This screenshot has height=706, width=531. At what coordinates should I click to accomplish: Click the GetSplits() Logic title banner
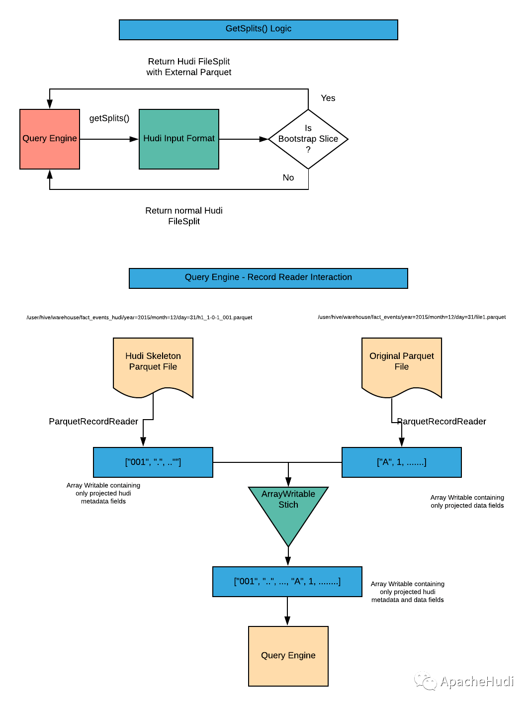[x=258, y=30]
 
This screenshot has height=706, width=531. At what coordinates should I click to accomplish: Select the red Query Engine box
[x=50, y=139]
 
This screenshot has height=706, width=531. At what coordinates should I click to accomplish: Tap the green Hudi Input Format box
[x=179, y=139]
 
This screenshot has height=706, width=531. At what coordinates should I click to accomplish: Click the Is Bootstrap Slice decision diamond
[x=308, y=139]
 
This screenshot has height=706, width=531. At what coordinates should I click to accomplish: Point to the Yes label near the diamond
[x=328, y=98]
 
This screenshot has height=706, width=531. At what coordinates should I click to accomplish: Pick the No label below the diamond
[x=288, y=177]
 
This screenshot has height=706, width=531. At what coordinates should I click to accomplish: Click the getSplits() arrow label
[x=109, y=118]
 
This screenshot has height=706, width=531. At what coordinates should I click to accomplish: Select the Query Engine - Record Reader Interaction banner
[x=268, y=278]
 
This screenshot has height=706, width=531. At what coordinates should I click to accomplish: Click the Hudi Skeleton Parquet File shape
[x=153, y=366]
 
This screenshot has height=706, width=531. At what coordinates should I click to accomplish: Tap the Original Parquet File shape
[x=401, y=366]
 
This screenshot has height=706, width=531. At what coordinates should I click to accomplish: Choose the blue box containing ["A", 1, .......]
[x=401, y=462]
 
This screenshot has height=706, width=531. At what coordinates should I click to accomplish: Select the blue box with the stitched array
[x=287, y=582]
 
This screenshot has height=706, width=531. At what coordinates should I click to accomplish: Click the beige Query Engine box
[x=288, y=656]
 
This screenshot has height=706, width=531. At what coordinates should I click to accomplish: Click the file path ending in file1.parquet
[x=412, y=317]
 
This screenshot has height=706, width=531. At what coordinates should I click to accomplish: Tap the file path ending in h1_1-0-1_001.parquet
[x=139, y=318]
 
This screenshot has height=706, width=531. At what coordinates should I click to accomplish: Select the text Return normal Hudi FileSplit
[x=183, y=216]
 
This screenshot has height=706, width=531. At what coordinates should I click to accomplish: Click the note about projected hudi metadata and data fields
[x=408, y=592]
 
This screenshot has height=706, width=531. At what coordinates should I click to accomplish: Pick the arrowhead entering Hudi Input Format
[x=134, y=139]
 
